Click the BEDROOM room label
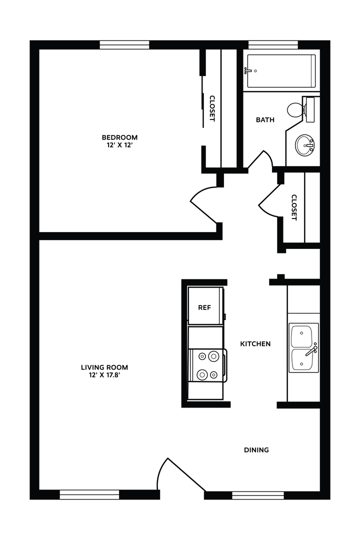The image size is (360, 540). tap(119, 137)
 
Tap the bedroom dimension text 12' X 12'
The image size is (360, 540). tap(119, 145)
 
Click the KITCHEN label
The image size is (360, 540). tap(255, 343)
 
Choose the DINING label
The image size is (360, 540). tap(256, 449)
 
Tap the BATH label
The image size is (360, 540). tap(265, 119)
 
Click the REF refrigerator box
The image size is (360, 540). tap(205, 307)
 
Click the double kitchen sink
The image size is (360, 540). tap(303, 347)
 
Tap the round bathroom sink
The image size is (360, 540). tap(304, 145)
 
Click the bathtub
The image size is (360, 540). tap(281, 70)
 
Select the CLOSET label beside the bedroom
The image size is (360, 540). tap(212, 108)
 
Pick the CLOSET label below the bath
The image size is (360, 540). tap(294, 207)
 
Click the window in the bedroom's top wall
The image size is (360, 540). tap(124, 45)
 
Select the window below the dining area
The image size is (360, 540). tap(258, 495)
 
